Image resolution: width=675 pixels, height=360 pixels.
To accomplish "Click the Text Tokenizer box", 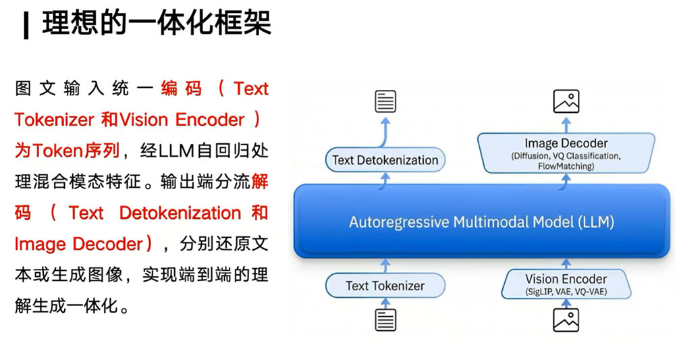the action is click(385, 286).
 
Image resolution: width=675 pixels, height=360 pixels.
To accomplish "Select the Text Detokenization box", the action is click(385, 160).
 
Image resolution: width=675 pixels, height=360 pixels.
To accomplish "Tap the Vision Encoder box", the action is click(566, 284).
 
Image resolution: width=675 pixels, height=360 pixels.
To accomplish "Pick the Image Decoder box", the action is click(566, 153).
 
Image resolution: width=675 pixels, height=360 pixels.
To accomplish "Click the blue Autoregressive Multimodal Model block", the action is click(481, 222).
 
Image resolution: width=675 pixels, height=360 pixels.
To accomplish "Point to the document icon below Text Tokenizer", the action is click(385, 320).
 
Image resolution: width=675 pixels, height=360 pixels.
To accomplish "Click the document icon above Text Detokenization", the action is click(385, 101).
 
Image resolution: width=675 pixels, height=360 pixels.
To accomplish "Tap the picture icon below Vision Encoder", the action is click(566, 320).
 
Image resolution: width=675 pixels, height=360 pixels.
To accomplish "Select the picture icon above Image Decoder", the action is click(566, 101).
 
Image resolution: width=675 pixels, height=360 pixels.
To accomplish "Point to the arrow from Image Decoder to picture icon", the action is click(566, 125).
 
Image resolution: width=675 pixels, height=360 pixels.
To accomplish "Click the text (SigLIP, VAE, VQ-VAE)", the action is click(566, 292).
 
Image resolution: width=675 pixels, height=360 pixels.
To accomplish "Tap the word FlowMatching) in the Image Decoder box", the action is click(566, 165).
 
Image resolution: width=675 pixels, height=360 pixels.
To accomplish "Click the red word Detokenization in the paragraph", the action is click(180, 213).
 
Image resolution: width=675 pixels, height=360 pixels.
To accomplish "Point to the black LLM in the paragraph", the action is click(176, 151).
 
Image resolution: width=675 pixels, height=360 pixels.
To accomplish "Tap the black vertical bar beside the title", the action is click(26, 26).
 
